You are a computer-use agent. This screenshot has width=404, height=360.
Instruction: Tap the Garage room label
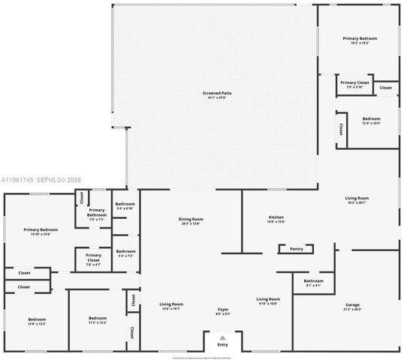351,305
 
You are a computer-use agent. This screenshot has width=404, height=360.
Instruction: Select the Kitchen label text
276,217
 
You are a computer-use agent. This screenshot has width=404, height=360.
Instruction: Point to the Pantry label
296,248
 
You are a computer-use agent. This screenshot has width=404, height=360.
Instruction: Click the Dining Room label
191,219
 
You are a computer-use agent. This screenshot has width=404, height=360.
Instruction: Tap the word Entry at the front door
222,344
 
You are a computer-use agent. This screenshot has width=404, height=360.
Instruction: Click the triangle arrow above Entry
222,337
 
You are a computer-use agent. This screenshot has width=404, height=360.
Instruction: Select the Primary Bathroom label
97,213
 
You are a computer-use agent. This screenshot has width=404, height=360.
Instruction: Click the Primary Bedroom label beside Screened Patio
360,38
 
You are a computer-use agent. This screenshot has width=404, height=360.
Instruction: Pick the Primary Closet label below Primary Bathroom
93,256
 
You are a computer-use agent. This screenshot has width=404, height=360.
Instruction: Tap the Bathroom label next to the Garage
313,280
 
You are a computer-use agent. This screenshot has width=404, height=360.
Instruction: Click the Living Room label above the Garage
357,198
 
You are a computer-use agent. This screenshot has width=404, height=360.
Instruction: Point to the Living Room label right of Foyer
268,298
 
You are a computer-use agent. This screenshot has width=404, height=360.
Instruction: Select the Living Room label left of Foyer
172,304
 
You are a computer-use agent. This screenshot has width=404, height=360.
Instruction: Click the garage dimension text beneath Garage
351,310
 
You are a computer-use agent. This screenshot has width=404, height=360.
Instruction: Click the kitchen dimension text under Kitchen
276,222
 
